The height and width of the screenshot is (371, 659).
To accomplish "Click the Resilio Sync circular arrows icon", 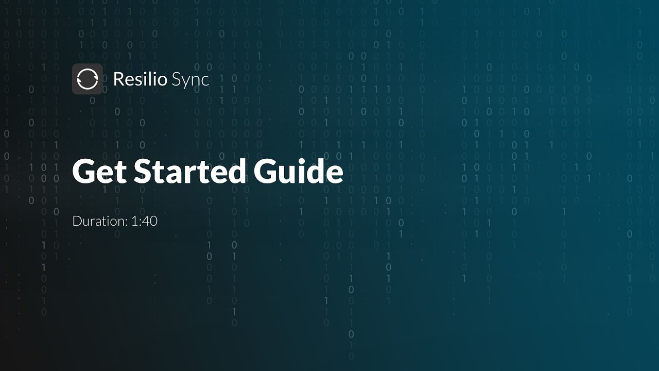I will click(x=88, y=79).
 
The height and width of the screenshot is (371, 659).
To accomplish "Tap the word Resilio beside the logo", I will click(x=140, y=79).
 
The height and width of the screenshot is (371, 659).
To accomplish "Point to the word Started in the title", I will click(x=189, y=172).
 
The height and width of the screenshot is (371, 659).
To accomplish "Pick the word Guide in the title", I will click(x=298, y=172).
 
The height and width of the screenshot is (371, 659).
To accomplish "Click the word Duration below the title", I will click(x=100, y=221).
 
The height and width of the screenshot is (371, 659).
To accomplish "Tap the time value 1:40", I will click(x=144, y=221).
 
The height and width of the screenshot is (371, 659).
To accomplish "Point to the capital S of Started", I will click(x=144, y=172).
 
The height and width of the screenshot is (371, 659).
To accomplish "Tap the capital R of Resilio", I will click(x=118, y=79).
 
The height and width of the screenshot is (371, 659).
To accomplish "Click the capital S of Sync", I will click(x=177, y=79).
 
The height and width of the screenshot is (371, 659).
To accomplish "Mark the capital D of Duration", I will click(x=77, y=221).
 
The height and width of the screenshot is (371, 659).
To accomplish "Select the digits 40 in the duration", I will click(x=150, y=221).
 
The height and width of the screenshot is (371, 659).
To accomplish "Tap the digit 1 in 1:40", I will click(x=134, y=221).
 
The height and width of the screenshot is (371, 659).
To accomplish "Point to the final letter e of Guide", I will click(x=333, y=174).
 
